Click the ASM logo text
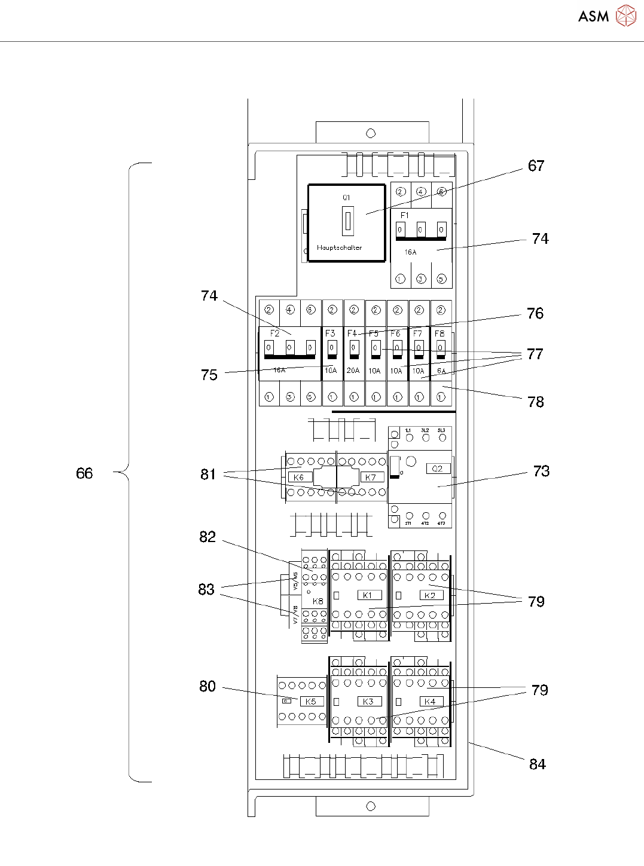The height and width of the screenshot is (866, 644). pyautogui.click(x=593, y=17)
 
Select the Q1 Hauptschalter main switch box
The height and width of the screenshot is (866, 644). pyautogui.click(x=346, y=223)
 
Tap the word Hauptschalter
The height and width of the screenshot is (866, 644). pyautogui.click(x=339, y=247)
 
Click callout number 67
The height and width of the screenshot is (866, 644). pyautogui.click(x=536, y=166)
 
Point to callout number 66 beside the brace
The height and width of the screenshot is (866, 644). pyautogui.click(x=84, y=474)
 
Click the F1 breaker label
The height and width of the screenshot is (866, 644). pyautogui.click(x=405, y=215)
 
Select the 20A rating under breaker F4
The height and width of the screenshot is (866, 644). pyautogui.click(x=353, y=371)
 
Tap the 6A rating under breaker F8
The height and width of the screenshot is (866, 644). pyautogui.click(x=441, y=371)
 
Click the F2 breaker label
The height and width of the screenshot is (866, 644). pyautogui.click(x=274, y=333)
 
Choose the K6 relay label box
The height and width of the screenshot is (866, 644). pyautogui.click(x=299, y=478)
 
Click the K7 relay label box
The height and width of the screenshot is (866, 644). pyautogui.click(x=371, y=478)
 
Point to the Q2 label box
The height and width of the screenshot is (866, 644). pyautogui.click(x=438, y=469)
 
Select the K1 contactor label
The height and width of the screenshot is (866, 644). pyautogui.click(x=368, y=595)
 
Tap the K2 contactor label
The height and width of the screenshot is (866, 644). pyautogui.click(x=430, y=595)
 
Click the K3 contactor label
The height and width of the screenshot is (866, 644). pyautogui.click(x=368, y=702)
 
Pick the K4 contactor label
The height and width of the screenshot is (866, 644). pyautogui.click(x=430, y=702)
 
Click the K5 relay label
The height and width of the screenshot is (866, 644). pyautogui.click(x=311, y=702)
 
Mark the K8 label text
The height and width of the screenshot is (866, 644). pyautogui.click(x=318, y=601)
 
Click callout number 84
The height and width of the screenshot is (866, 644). pyautogui.click(x=537, y=764)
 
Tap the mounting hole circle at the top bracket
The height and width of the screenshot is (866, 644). pyautogui.click(x=371, y=133)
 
